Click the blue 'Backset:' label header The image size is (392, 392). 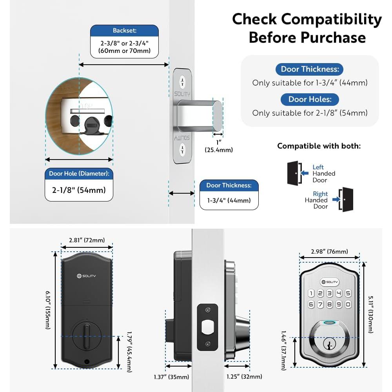coord(124,31)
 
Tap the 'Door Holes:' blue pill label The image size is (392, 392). coord(310,99)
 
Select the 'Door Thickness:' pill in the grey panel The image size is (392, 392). coord(310,69)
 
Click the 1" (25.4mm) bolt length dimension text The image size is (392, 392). coord(219,146)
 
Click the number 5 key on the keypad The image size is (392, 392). coord(348,293)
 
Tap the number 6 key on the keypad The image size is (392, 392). coord(311,304)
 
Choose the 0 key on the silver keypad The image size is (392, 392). coord(348,304)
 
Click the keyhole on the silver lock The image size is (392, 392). coord(329,344)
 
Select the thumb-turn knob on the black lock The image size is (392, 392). coord(87,336)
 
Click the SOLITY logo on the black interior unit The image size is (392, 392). coord(86,276)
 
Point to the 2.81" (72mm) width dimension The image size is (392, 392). coord(87,240)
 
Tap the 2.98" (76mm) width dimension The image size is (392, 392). coord(330,252)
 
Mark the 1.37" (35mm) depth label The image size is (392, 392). coord(172,377)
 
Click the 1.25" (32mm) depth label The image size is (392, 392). coord(244,376)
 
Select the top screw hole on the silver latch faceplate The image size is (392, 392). coord(183,82)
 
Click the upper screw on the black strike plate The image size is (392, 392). coord(207,310)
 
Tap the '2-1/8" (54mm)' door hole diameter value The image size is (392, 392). coord(79,190)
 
